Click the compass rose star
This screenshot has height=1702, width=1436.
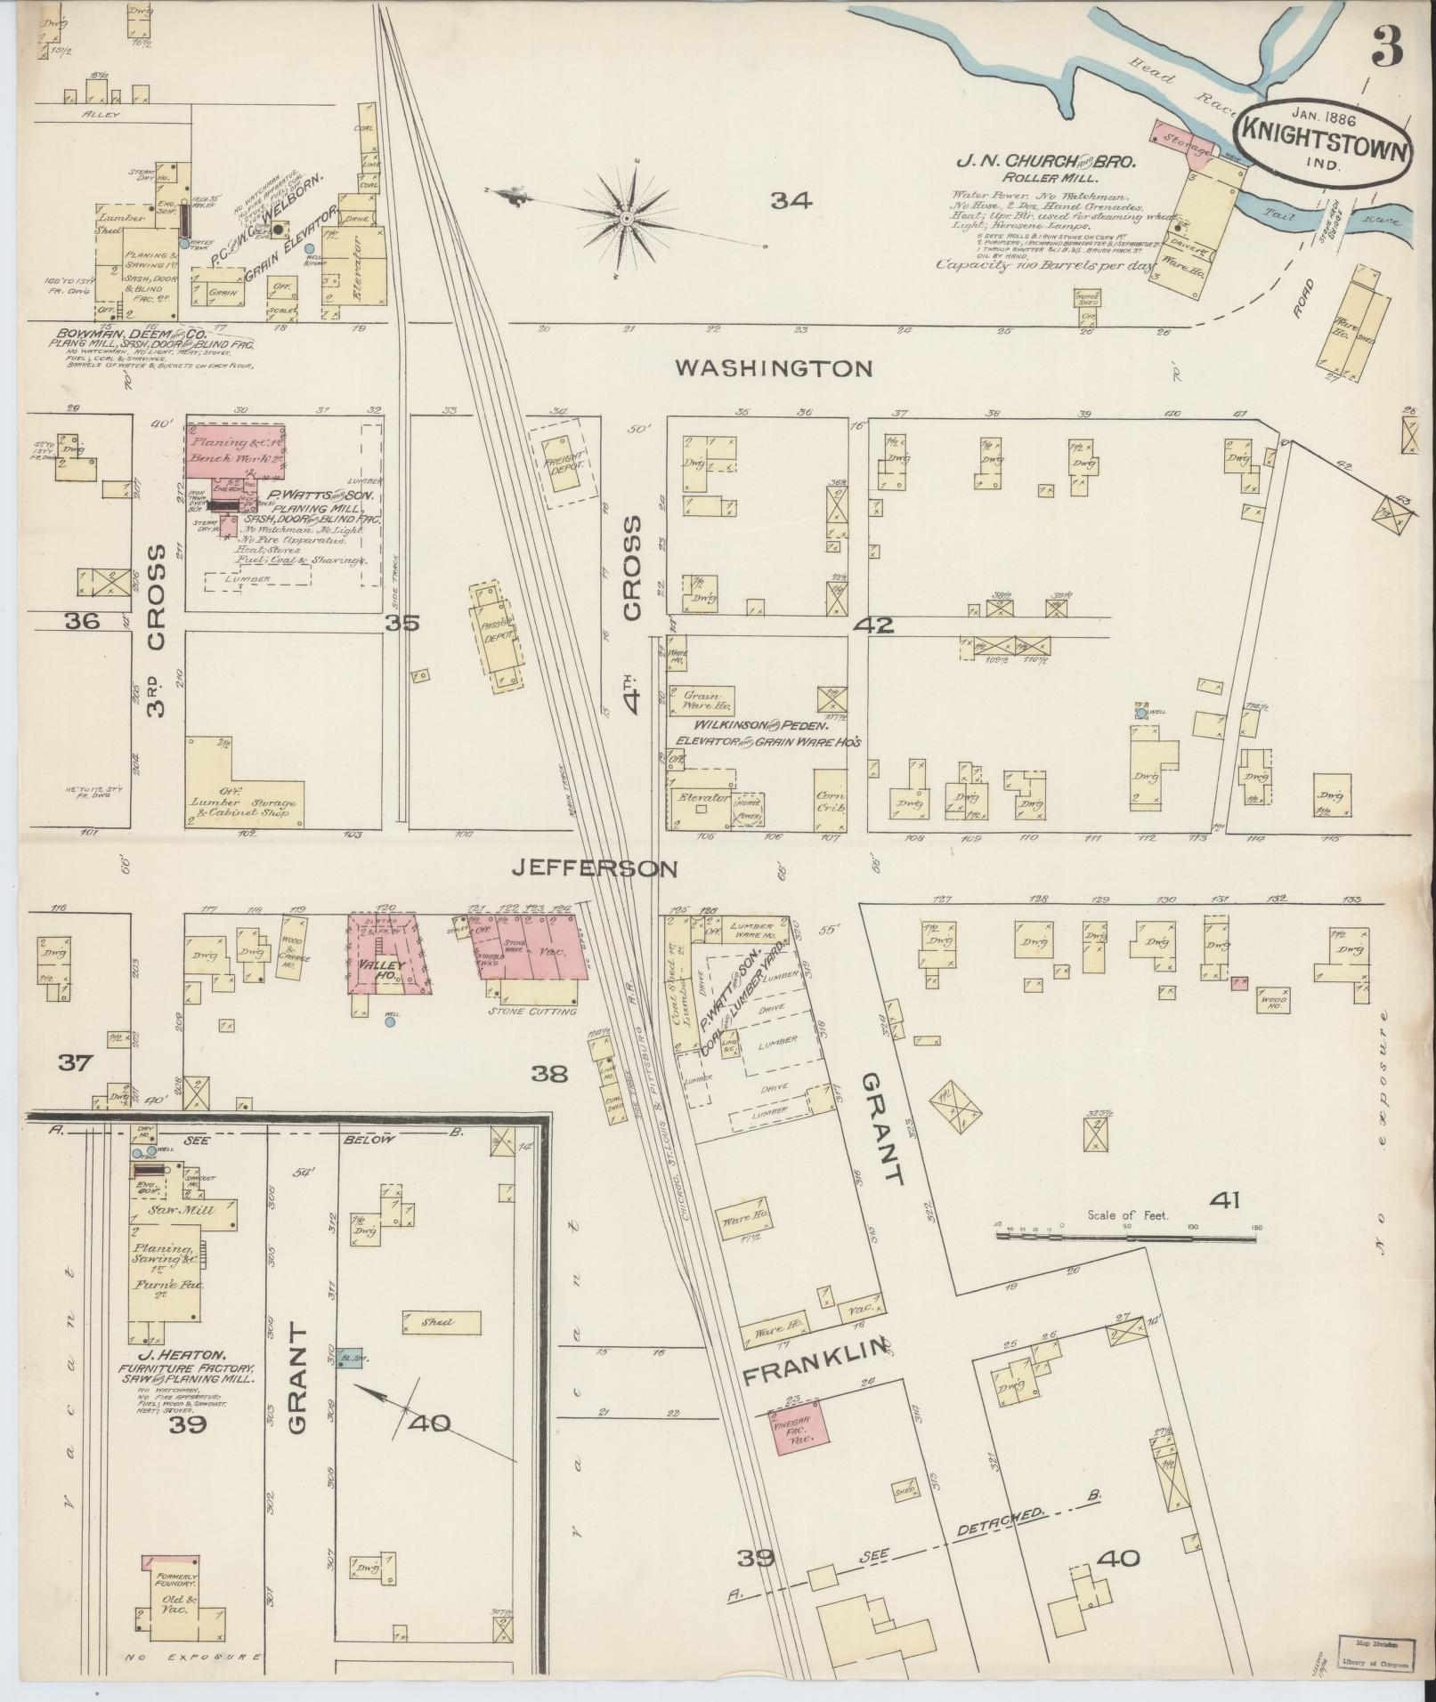627,218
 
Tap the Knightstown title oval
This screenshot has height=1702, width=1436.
1321,141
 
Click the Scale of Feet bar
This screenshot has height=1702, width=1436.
1127,1236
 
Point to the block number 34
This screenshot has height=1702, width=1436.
791,202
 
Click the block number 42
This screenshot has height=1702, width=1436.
872,625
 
